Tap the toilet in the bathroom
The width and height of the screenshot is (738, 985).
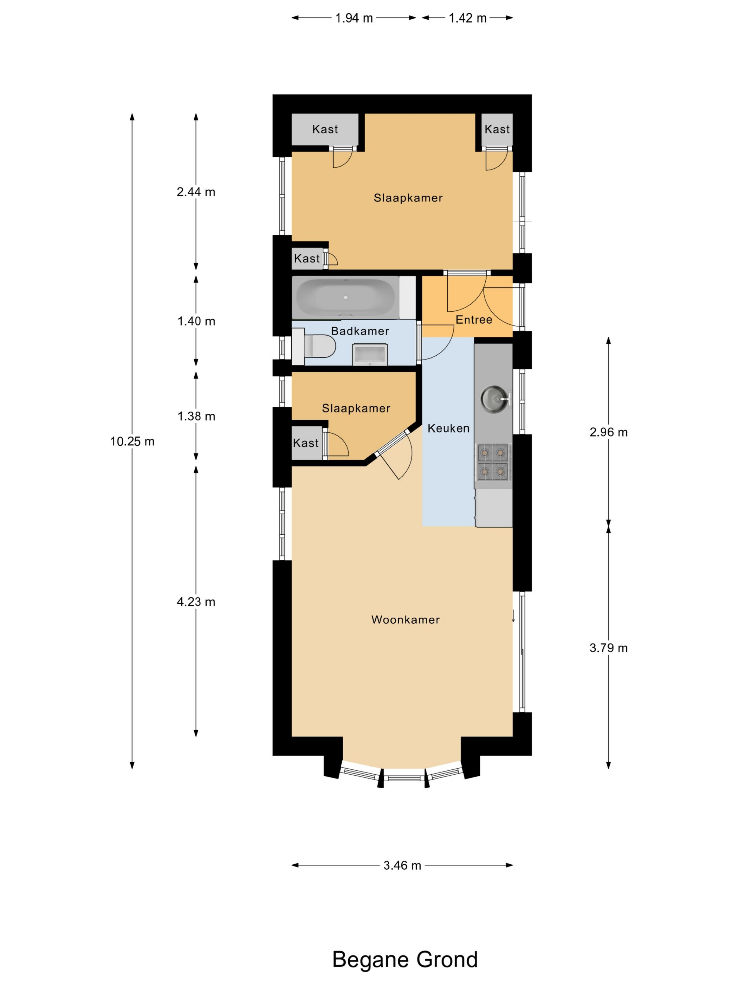[313, 346]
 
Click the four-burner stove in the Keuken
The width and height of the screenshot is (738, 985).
[493, 461]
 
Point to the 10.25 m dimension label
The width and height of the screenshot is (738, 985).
[132, 441]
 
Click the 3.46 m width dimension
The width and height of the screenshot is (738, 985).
[402, 865]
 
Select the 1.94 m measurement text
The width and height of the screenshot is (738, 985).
[354, 18]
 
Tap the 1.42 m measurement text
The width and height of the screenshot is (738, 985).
[467, 18]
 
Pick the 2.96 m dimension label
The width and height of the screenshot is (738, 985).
[608, 432]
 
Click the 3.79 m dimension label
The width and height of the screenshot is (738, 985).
[608, 648]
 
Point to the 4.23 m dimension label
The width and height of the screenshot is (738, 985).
[196, 602]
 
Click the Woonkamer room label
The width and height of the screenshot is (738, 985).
[405, 619]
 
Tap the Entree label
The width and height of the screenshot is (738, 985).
[474, 319]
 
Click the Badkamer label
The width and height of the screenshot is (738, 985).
[360, 331]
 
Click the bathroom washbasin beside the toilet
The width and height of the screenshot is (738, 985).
[370, 354]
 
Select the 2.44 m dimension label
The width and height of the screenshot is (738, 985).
[196, 192]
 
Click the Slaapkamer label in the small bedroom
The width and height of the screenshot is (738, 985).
[356, 408]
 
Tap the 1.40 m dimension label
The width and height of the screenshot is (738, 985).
[196, 321]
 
